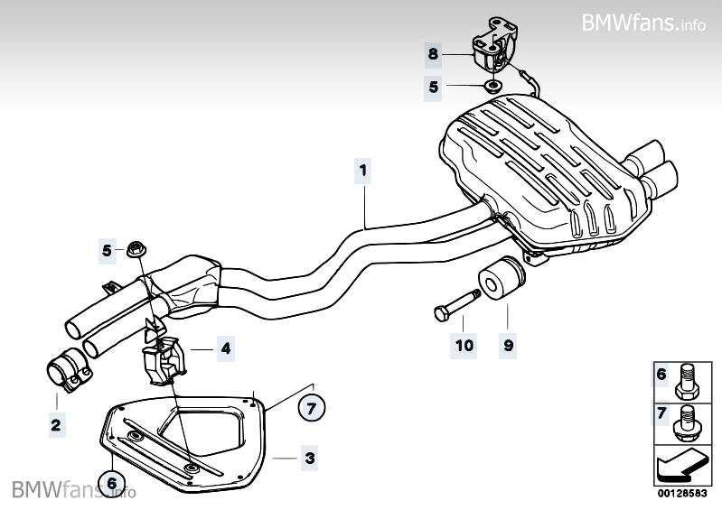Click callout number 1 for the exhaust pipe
tap(362, 169)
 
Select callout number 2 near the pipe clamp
tap(56, 423)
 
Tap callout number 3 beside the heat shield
tap(310, 459)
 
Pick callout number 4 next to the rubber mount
tap(225, 347)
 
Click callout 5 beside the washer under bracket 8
tap(433, 87)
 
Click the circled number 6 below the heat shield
tap(112, 483)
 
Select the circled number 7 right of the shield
tap(310, 409)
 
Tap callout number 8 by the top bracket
tap(433, 54)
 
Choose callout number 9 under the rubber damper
tap(507, 344)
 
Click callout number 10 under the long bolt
tap(464, 344)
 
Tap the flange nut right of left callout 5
tap(136, 247)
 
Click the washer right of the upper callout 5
tap(493, 87)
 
